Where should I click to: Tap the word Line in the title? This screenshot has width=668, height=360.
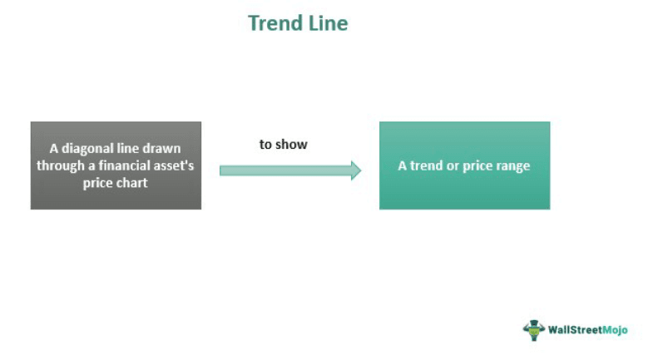tap(328, 23)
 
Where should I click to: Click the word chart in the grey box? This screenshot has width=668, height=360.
tap(132, 182)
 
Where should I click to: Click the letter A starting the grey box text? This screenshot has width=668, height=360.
tap(54, 149)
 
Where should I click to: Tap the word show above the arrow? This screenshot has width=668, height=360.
tap(292, 145)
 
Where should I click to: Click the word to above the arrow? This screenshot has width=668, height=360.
tap(266, 145)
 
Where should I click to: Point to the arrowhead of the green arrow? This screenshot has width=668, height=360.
tap(355, 170)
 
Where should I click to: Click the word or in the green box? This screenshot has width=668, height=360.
tap(453, 165)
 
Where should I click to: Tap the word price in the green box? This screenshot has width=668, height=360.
tap(478, 165)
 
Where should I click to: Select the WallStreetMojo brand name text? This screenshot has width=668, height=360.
tap(586, 330)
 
